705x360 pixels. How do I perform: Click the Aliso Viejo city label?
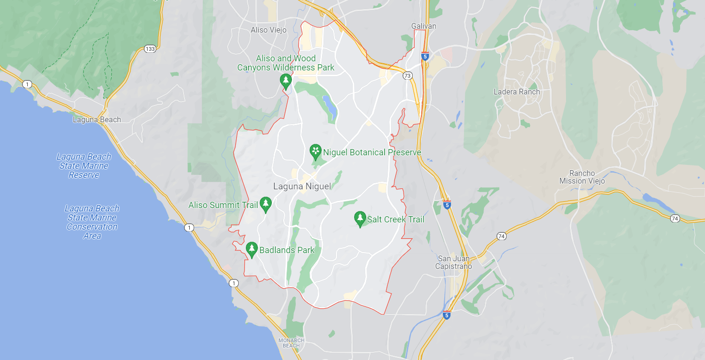pyautogui.click(x=268, y=30)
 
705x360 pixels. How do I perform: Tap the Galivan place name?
pyautogui.click(x=424, y=26)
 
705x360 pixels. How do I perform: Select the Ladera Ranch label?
pyautogui.click(x=517, y=92)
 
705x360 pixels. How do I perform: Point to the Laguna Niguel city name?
pyautogui.click(x=302, y=186)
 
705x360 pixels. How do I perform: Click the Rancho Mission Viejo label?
pyautogui.click(x=582, y=177)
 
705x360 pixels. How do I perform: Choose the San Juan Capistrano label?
pyautogui.click(x=454, y=262)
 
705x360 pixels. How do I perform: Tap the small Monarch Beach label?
pyautogui.click(x=291, y=343)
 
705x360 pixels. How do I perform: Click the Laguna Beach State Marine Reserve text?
pyautogui.click(x=84, y=166)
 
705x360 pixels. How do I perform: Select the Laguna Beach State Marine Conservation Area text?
pyautogui.click(x=92, y=222)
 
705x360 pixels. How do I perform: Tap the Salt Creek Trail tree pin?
pyautogui.click(x=360, y=219)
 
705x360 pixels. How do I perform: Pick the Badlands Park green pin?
pyautogui.click(x=252, y=249)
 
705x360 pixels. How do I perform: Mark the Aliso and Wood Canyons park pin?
pyautogui.click(x=286, y=81)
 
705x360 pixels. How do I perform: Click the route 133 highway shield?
pyautogui.click(x=150, y=49)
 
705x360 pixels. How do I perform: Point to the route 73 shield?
pyautogui.click(x=407, y=76)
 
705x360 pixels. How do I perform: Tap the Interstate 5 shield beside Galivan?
pyautogui.click(x=425, y=56)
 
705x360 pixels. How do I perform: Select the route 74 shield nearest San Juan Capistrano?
pyautogui.click(x=501, y=236)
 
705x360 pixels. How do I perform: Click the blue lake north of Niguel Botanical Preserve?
pyautogui.click(x=329, y=106)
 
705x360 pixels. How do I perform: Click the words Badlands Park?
pyautogui.click(x=287, y=250)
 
